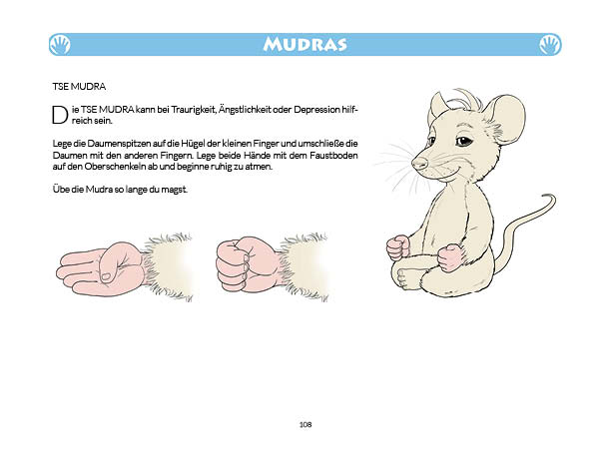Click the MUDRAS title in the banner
point(305,44)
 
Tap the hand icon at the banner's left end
point(61,44)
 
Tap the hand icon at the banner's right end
point(549,44)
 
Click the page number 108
point(305,425)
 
